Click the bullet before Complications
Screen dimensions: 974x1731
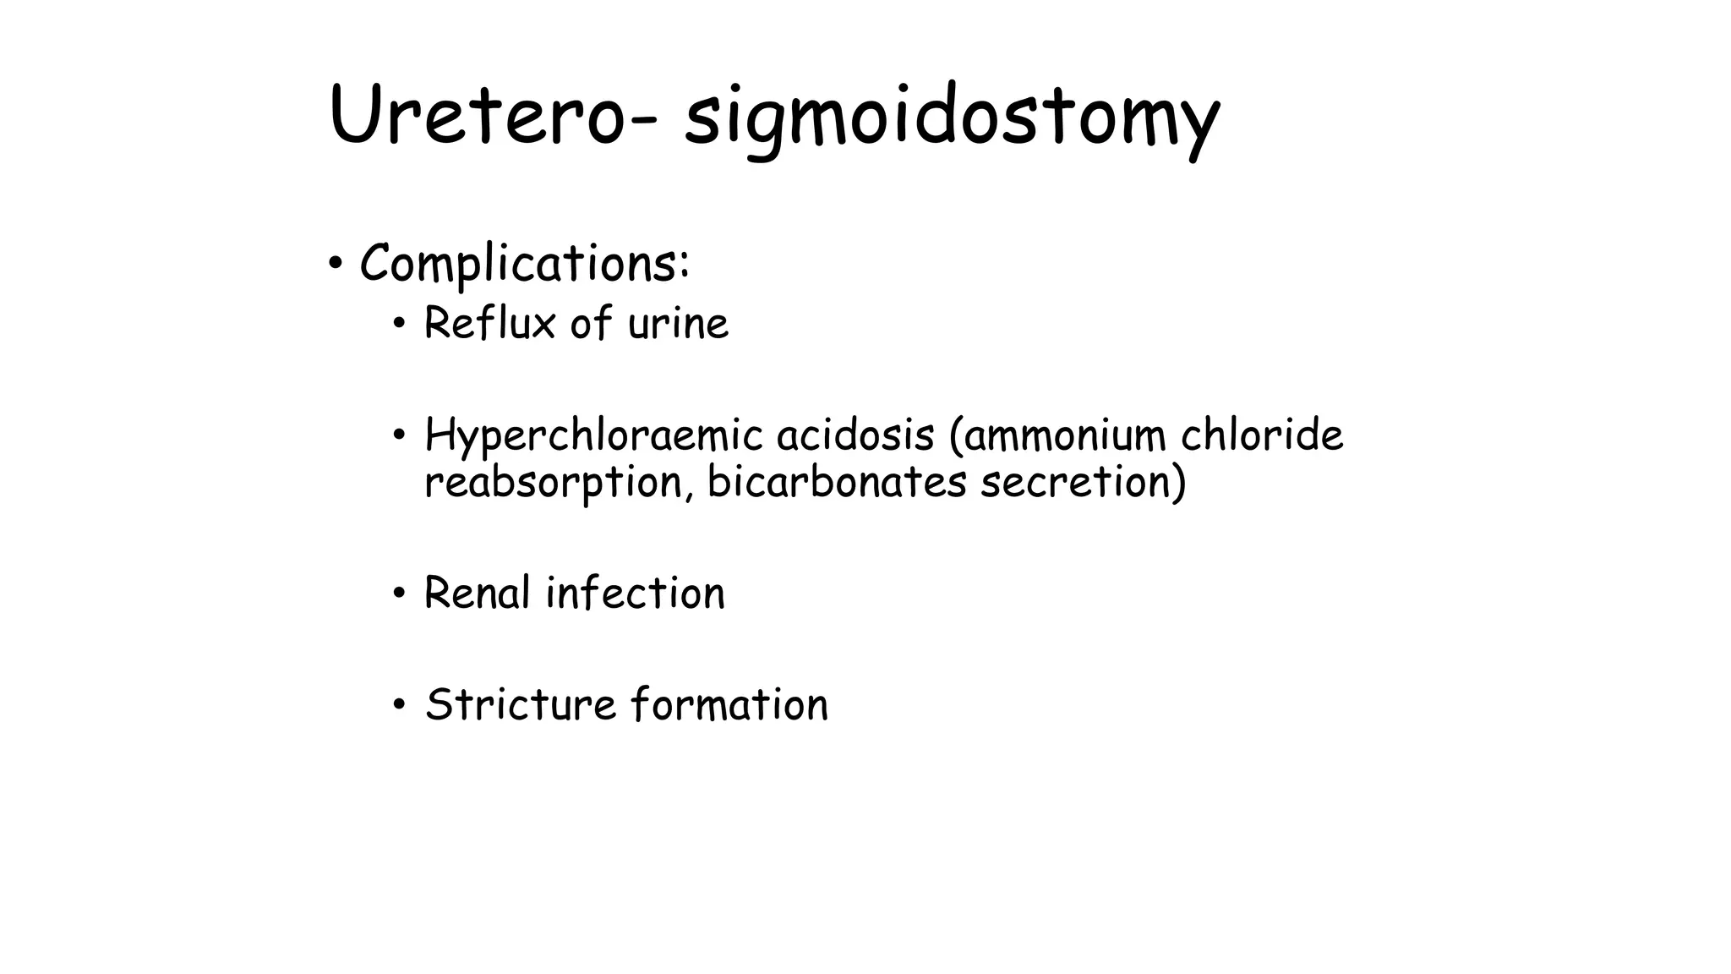(336, 264)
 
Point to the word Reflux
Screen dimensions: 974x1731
(489, 323)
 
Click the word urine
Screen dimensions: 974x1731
(678, 324)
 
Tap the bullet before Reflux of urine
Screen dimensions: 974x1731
(400, 324)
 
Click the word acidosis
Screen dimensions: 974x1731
(855, 436)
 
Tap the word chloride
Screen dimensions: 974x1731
(1262, 436)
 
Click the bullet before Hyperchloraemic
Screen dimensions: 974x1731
(400, 436)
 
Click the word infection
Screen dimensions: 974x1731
(636, 593)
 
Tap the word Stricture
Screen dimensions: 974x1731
(521, 704)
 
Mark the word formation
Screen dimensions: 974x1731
(730, 704)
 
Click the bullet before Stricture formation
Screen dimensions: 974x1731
(400, 705)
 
